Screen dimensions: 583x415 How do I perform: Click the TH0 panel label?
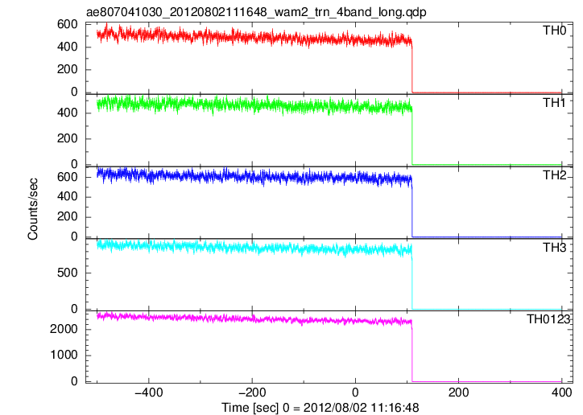(x=554, y=30)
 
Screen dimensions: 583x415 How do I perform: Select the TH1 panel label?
(x=554, y=102)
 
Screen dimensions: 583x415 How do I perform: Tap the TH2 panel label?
(x=554, y=175)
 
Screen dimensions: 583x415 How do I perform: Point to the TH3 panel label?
(x=554, y=247)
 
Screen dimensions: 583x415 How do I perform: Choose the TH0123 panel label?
(x=548, y=318)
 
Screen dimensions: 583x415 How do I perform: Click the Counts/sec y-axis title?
(x=33, y=209)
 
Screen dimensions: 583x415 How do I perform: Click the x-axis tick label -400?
(x=149, y=392)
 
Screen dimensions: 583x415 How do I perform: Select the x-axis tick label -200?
(x=252, y=392)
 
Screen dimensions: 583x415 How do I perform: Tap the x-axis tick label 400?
(x=561, y=392)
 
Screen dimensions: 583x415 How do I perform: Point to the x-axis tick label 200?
(x=458, y=392)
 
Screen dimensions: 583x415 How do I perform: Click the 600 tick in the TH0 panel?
(x=68, y=24)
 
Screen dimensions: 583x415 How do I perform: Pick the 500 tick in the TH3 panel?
(x=68, y=273)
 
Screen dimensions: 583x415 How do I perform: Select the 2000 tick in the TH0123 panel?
(x=64, y=329)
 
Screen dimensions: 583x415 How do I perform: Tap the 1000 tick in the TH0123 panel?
(x=64, y=355)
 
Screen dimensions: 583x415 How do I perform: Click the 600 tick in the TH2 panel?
(x=68, y=177)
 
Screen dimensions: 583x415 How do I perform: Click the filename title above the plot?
(x=256, y=12)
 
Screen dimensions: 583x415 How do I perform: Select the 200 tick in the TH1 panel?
(x=68, y=138)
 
